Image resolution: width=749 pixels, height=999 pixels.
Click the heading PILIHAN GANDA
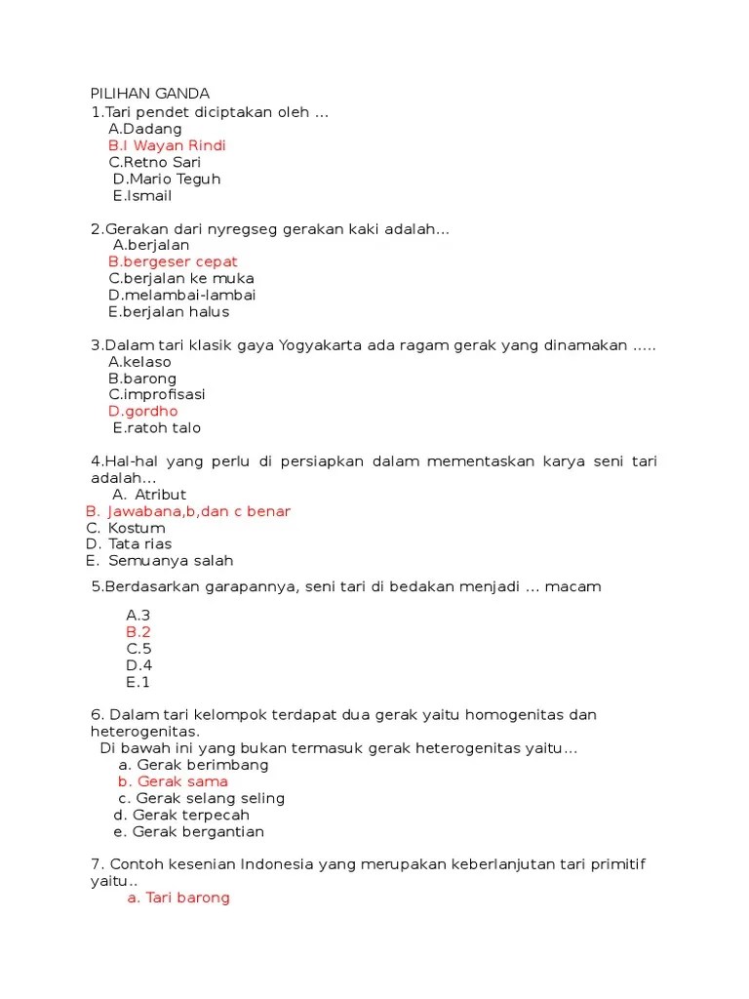tap(149, 94)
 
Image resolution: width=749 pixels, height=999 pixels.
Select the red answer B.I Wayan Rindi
tap(167, 145)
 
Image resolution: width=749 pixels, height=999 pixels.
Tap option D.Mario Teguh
tap(167, 179)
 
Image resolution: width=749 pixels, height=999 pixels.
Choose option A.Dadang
tap(145, 129)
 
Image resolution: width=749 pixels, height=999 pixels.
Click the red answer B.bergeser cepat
tap(173, 261)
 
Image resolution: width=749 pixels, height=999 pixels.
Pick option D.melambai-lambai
tap(182, 295)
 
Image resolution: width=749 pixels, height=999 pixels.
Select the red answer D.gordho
tap(143, 411)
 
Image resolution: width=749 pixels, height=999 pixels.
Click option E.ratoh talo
tap(156, 427)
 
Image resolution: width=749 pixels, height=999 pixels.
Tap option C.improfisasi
tap(157, 394)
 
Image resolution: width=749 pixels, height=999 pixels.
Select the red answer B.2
tap(138, 632)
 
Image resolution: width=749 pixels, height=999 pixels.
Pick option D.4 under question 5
tap(138, 665)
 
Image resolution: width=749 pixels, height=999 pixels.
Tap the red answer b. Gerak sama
tap(173, 781)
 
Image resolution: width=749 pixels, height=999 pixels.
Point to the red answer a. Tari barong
tap(178, 898)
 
